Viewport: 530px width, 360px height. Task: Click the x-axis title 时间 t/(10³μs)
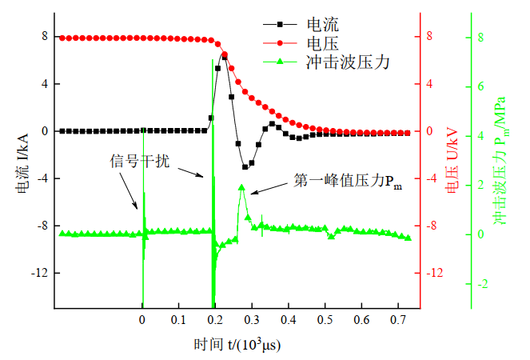[237, 345]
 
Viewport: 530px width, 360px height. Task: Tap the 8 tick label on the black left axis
[45, 37]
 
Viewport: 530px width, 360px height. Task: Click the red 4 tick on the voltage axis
[429, 84]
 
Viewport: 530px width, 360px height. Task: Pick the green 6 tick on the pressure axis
[480, 86]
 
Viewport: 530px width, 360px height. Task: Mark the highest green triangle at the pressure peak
[241, 187]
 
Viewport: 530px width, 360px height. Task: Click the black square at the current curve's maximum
[225, 56]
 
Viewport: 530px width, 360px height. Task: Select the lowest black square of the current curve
[245, 167]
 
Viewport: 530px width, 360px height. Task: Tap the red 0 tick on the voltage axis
[429, 131]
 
